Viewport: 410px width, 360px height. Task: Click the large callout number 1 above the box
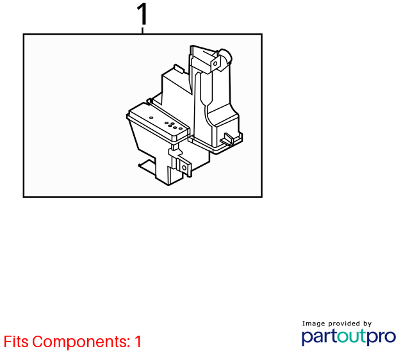click(x=143, y=14)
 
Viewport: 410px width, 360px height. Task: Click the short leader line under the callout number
click(x=142, y=30)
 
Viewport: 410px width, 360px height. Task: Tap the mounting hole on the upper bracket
click(x=215, y=63)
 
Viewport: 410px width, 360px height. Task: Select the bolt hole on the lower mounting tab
click(x=184, y=168)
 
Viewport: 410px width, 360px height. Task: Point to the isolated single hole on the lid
click(x=151, y=118)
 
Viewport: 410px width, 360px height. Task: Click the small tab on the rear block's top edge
click(x=179, y=68)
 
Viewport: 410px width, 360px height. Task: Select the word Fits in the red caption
click(x=16, y=341)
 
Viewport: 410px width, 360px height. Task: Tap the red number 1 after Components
click(x=138, y=341)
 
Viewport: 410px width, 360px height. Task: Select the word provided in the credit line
click(x=344, y=323)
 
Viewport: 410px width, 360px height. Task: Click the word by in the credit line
click(x=367, y=324)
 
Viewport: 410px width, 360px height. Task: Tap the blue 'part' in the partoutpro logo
click(x=319, y=337)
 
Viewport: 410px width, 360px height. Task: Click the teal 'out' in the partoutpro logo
click(x=352, y=336)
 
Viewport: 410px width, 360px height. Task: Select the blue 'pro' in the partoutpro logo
click(x=382, y=337)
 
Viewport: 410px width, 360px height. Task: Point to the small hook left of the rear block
click(x=149, y=101)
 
